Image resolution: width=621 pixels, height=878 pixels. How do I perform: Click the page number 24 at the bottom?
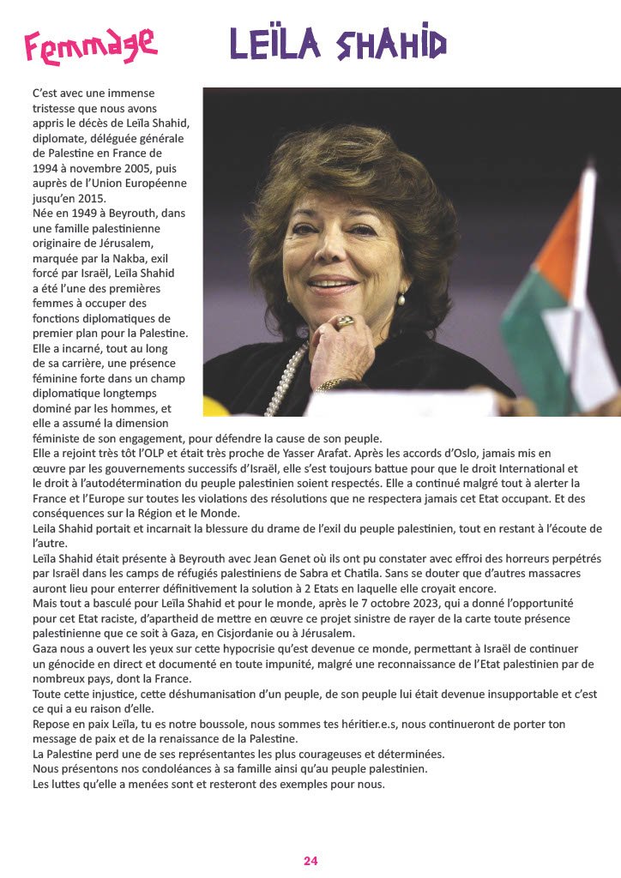tap(310, 861)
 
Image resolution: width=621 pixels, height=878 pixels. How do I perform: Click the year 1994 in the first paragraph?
tap(46, 168)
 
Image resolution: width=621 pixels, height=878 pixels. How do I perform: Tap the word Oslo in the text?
tap(483, 451)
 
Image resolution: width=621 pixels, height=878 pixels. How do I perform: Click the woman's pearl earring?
tap(401, 299)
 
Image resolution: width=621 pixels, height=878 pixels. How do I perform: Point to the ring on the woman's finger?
tap(345, 322)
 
